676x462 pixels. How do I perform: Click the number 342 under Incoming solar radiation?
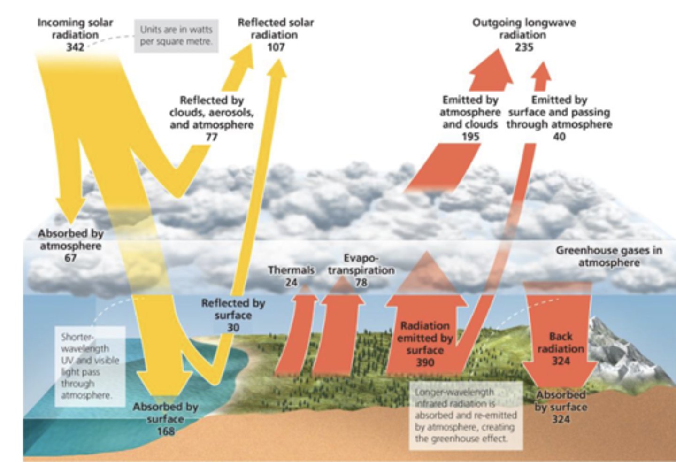point(75,47)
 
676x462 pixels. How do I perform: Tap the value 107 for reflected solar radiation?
point(276,47)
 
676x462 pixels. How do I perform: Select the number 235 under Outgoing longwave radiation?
point(524,47)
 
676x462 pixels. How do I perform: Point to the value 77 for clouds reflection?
point(212,137)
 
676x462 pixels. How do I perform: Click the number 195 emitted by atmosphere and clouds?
point(470,137)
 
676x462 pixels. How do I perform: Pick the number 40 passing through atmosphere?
point(559,137)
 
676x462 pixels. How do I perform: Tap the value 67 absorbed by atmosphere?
point(70,258)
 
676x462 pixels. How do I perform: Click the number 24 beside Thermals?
point(291,283)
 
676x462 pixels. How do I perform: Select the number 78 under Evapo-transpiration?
point(361,283)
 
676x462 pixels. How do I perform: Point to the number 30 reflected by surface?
point(233,328)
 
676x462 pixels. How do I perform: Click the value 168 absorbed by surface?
point(166,431)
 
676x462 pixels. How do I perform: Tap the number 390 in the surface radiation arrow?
point(425,362)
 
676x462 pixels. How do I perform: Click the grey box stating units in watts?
point(176,35)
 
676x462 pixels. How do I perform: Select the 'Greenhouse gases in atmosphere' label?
point(609,256)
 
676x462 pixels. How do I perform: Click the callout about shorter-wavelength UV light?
point(90,366)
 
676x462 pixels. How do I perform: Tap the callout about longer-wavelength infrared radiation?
point(465,415)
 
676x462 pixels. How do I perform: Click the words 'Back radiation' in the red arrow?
point(561,342)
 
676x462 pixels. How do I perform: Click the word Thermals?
point(291,270)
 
